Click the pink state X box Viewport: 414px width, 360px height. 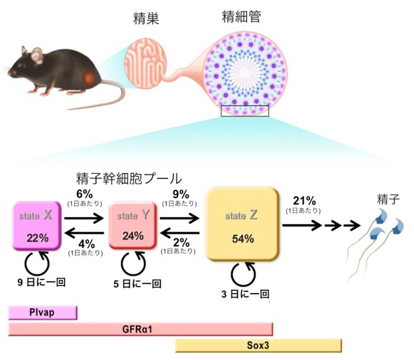tap(37, 226)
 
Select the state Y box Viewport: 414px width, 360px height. tap(133, 226)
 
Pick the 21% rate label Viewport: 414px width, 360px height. tap(304, 201)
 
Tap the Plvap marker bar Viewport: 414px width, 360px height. tap(43, 313)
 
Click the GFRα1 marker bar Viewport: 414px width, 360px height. tap(140, 329)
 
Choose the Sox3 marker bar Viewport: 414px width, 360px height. tap(258, 345)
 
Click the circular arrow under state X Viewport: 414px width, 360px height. tap(38, 264)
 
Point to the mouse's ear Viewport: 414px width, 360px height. tap(36, 54)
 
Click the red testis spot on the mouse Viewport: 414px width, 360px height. tap(89, 78)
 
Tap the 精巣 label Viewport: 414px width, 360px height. tap(146, 19)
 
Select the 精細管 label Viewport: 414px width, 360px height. tap(241, 17)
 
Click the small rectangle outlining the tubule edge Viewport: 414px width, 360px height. tap(245, 110)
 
